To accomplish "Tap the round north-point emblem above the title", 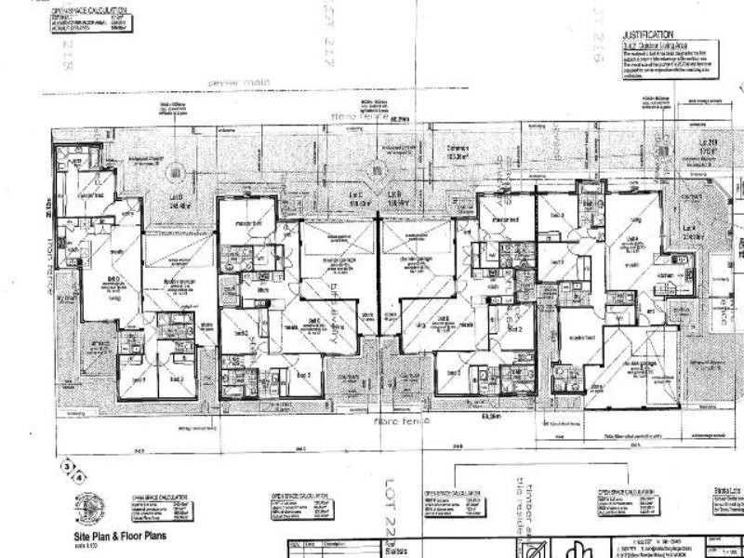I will tap(90, 507).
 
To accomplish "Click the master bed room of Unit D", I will tap(89, 195).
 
